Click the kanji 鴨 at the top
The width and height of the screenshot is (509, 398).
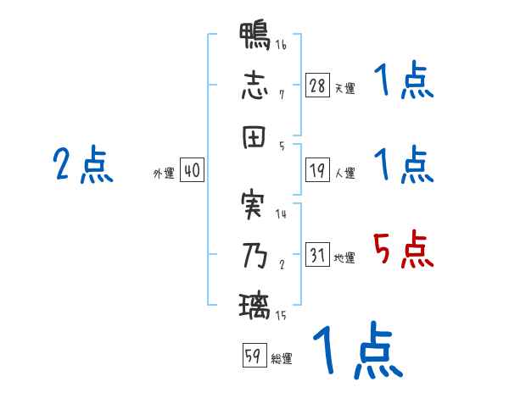point(255,38)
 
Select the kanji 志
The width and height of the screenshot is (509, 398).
point(255,86)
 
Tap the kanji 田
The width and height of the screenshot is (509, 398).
point(255,135)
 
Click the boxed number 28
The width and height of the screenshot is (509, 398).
point(318,86)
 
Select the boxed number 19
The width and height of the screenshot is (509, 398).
point(318,171)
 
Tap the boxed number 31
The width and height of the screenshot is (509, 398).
point(318,255)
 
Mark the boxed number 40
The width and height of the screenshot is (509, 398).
point(192,171)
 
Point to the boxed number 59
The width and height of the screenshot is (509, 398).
point(253,357)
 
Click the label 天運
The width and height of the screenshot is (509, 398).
point(344,88)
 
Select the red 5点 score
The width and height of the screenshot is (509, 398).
point(403,250)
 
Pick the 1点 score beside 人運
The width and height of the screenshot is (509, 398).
point(403,163)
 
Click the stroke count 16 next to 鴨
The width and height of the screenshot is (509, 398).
point(281,45)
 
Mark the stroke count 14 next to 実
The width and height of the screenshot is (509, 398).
point(281,214)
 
